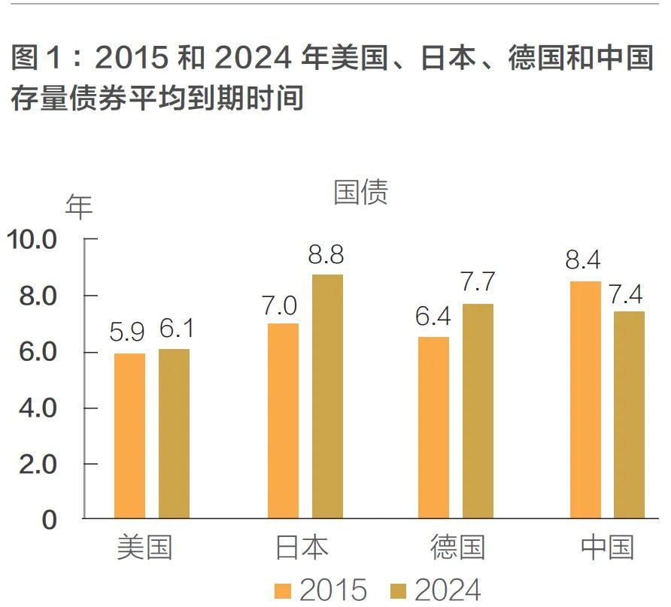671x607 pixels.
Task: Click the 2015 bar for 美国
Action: click(129, 436)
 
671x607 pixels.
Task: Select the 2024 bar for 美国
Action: click(174, 433)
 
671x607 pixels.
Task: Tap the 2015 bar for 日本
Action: click(283, 420)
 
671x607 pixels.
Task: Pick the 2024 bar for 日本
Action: click(327, 396)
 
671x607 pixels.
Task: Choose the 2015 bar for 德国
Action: click(433, 427)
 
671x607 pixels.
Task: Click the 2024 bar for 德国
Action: click(478, 411)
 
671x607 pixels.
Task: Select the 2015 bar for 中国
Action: click(585, 399)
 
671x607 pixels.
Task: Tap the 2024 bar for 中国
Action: click(629, 414)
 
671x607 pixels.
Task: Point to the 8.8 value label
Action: click(326, 256)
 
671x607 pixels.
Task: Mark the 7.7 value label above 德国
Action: click(478, 282)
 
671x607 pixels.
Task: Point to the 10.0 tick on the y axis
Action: click(32, 240)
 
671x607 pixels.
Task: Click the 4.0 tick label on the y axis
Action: click(38, 408)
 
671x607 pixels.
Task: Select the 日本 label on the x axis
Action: click(302, 547)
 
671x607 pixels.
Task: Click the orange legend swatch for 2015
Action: click(284, 589)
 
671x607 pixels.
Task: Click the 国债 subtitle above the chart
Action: click(360, 193)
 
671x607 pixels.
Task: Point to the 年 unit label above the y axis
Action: click(79, 207)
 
